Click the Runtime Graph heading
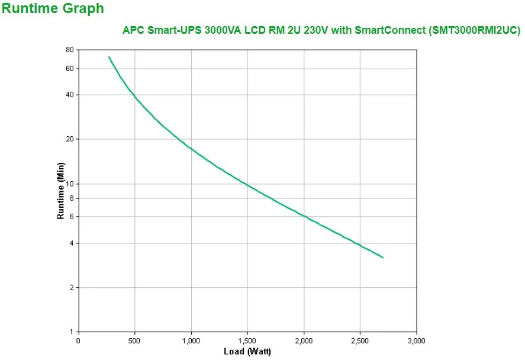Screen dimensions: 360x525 [53, 9]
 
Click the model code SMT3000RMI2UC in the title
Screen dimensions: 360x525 [473, 31]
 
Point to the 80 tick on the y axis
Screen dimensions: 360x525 [69, 50]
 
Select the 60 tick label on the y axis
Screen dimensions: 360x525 [69, 69]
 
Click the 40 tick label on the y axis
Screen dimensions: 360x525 [69, 95]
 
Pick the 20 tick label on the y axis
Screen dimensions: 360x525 [69, 139]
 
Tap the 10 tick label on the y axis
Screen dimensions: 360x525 [69, 184]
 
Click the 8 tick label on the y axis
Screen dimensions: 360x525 [71, 198]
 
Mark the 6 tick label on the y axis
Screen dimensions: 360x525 [71, 217]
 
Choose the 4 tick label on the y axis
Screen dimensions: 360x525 [71, 243]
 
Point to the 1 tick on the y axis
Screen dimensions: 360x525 [71, 332]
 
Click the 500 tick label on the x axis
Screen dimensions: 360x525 [135, 341]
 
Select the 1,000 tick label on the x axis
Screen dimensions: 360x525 [191, 341]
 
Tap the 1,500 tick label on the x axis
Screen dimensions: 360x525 [247, 341]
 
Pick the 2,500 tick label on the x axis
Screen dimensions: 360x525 [360, 341]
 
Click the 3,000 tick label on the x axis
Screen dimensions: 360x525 [416, 341]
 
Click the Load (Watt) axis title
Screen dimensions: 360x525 [247, 352]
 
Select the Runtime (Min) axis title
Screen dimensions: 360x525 [60, 191]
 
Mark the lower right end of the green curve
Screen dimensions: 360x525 [383, 258]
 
